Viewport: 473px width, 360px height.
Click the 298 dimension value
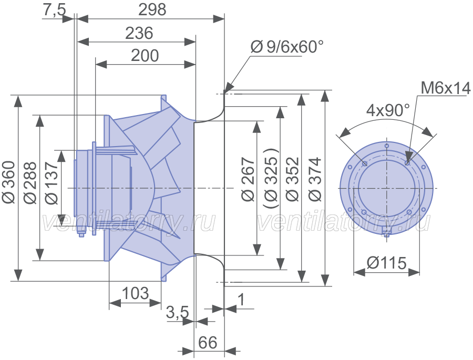point(152,9)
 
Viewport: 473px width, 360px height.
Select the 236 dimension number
point(139,33)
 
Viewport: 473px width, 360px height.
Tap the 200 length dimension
point(145,56)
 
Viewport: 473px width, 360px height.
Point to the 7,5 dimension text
point(54,11)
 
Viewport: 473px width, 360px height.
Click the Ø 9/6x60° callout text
point(287,47)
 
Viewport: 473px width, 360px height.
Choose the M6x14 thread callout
point(446,88)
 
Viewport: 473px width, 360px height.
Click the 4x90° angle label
point(388,111)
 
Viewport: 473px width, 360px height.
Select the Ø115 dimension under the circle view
point(387,263)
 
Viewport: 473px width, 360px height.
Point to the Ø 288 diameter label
point(30,183)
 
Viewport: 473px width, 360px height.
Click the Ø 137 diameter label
point(52,183)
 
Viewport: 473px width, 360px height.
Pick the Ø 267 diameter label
point(249,179)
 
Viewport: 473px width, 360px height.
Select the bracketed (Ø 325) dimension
point(271,178)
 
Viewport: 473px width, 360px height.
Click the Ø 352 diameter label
point(292,179)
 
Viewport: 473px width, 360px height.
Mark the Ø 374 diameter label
point(315,179)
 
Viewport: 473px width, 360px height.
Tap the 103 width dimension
point(136,293)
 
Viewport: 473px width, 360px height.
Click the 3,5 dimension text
point(178,313)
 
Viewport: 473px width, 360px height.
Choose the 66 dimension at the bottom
point(208,343)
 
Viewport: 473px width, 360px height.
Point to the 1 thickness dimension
point(241,300)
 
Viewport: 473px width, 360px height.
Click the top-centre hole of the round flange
point(387,146)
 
